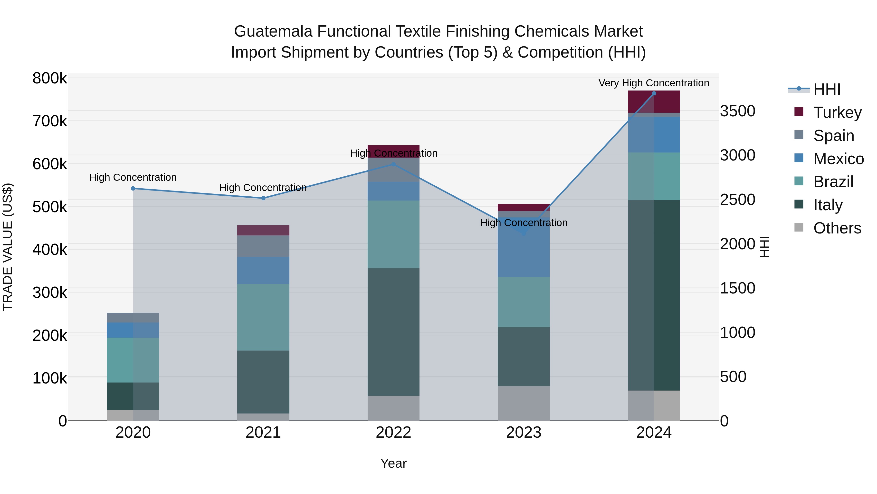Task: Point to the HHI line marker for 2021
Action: (x=263, y=198)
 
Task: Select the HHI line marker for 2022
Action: (x=394, y=164)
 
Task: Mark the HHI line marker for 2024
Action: (x=654, y=93)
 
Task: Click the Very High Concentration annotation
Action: (x=654, y=83)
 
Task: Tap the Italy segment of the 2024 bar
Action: (x=654, y=295)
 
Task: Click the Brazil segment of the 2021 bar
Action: (x=263, y=317)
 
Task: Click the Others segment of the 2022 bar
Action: (x=394, y=408)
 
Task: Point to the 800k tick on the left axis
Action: (x=50, y=78)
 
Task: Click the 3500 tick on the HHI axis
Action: (x=737, y=111)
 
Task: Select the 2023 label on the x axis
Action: (x=524, y=432)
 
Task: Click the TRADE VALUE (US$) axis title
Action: (x=8, y=247)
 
